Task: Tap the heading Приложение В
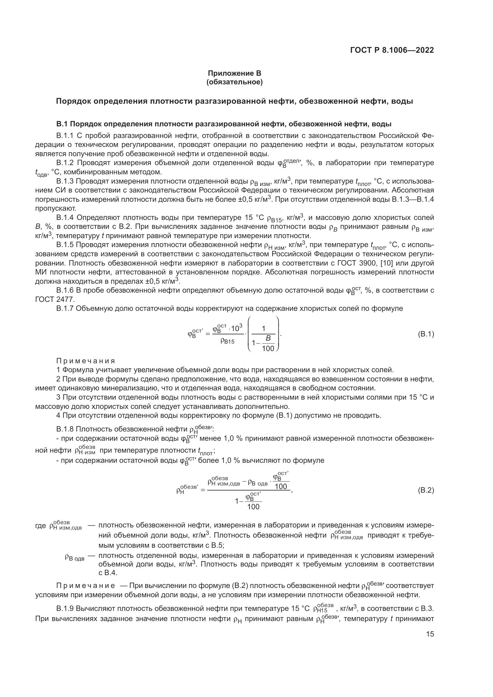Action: point(234,73)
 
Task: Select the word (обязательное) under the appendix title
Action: point(234,82)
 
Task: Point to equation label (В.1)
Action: point(426,335)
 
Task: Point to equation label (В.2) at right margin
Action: point(426,490)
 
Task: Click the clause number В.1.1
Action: point(65,136)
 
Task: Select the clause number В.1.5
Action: point(65,245)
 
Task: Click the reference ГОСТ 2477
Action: point(55,299)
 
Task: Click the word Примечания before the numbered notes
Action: point(86,361)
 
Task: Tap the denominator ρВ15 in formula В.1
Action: point(227,341)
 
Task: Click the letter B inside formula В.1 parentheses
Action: point(268,338)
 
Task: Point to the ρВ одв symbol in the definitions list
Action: point(75,557)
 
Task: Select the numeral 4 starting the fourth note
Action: point(58,415)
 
